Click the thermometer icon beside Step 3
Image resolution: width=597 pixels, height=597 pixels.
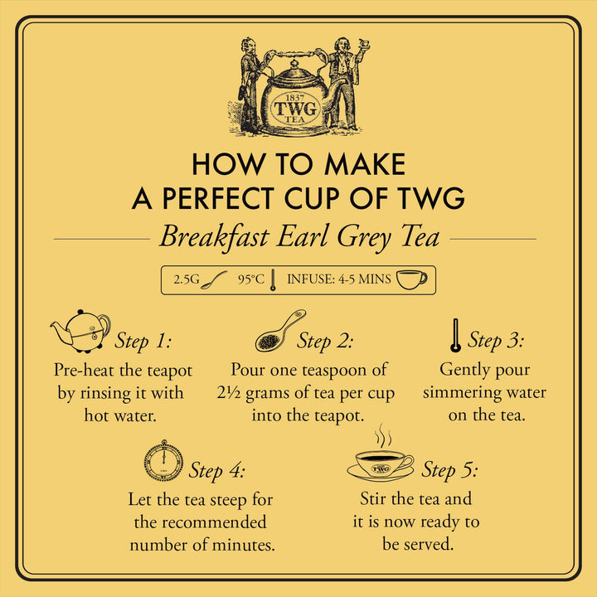[x=454, y=336]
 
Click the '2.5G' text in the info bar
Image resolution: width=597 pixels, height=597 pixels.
[x=187, y=279]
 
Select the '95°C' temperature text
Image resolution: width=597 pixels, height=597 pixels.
[x=250, y=279]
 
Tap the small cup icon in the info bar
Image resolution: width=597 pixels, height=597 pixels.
[x=411, y=279]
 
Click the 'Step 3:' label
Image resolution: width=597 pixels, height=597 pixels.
[x=495, y=340]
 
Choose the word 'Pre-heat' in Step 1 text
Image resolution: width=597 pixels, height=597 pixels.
[x=85, y=370]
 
